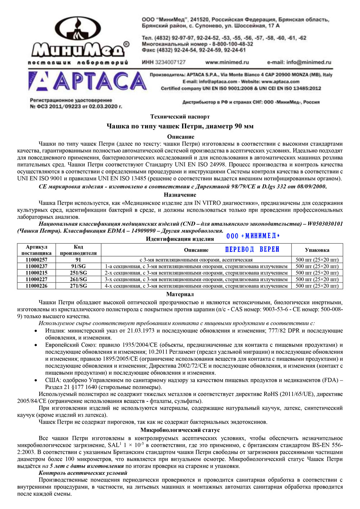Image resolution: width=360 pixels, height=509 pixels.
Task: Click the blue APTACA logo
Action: coord(87,81)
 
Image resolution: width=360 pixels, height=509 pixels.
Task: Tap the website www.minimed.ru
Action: coord(227,62)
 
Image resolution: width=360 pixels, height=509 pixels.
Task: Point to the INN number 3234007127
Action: coord(170,62)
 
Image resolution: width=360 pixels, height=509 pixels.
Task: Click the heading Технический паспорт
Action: coord(180,116)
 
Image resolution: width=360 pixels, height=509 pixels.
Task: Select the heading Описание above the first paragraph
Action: coord(180,136)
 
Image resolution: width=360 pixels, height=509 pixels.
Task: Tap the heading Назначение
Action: coord(180,195)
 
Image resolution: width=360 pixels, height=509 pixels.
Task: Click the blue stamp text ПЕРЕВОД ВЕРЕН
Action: coord(252,249)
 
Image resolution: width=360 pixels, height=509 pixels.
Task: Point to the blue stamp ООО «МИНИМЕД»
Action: coord(253,236)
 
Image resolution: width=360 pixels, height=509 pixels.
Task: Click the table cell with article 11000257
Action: coord(36,260)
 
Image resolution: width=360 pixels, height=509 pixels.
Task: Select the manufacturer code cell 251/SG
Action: coord(78,272)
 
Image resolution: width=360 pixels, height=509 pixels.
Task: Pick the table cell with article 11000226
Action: coord(36,286)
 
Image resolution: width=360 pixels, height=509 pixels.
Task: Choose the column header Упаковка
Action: coord(317,250)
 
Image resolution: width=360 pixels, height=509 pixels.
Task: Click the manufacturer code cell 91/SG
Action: coord(78,266)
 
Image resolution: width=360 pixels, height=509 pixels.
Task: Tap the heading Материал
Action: coord(180,294)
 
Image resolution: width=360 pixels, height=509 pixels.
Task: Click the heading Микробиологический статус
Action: coord(180,430)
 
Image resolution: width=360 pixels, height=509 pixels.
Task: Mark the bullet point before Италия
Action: coord(36,331)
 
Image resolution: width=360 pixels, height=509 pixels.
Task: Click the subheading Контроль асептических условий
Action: coord(83,473)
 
